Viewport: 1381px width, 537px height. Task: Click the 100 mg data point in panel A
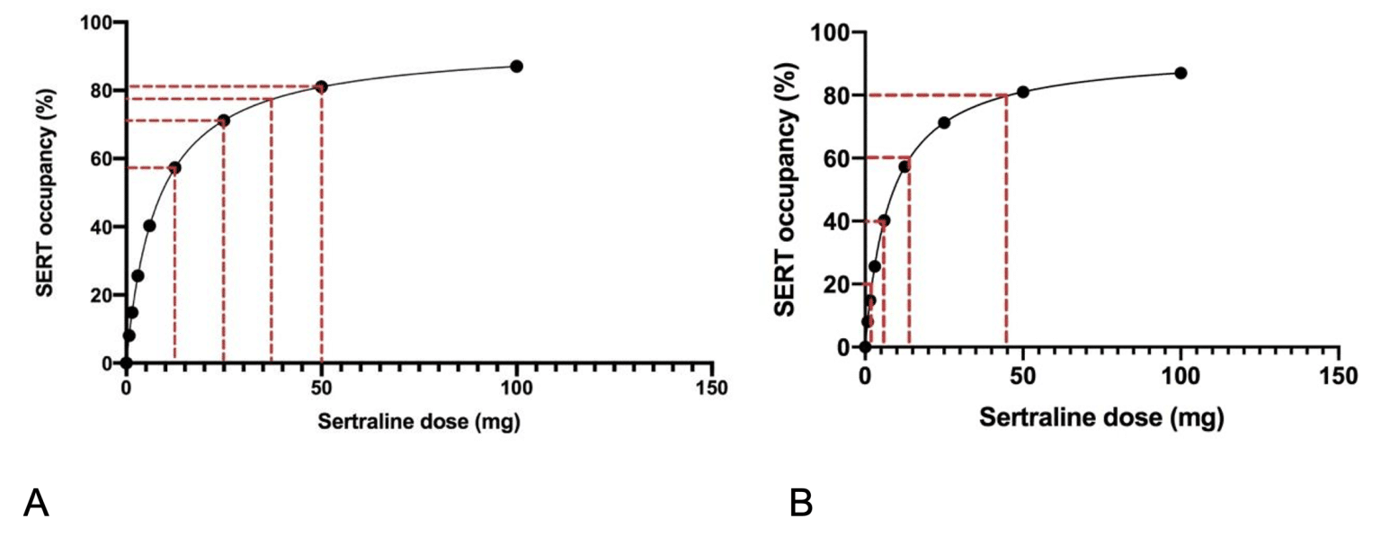(516, 67)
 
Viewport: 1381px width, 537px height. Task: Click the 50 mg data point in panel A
(321, 87)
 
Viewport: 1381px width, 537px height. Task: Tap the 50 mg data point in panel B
(1022, 92)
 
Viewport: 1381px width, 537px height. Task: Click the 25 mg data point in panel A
(224, 121)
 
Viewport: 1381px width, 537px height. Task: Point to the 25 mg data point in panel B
(943, 122)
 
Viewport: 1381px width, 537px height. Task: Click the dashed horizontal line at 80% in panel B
(935, 95)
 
